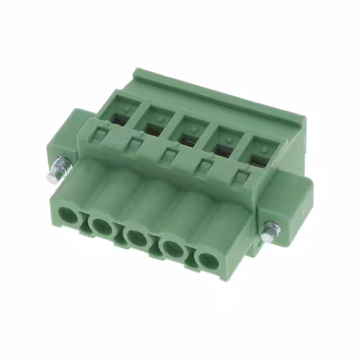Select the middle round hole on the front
pyautogui.click(x=136, y=237)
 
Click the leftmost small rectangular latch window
pyautogui.click(x=101, y=135)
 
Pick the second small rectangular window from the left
pyautogui.click(x=134, y=145)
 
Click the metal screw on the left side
pyautogui.click(x=58, y=171)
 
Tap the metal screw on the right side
pyautogui.click(x=271, y=231)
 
